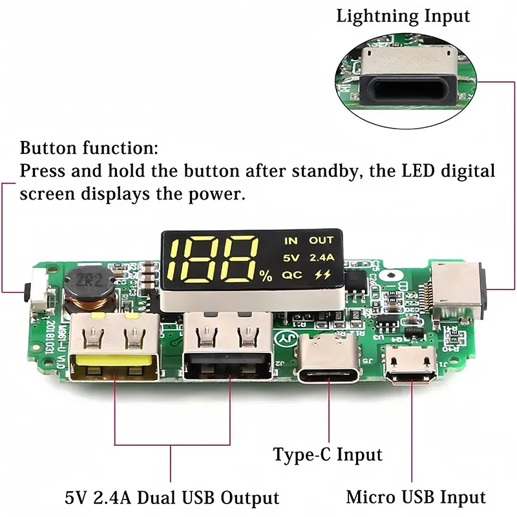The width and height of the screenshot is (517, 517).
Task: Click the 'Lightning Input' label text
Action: click(x=403, y=16)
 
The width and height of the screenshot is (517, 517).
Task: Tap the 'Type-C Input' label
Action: click(x=327, y=454)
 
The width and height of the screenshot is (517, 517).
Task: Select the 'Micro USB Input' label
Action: click(x=416, y=497)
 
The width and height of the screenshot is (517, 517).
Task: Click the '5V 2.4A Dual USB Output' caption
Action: click(x=171, y=498)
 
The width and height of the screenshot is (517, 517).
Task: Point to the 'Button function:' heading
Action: click(x=89, y=148)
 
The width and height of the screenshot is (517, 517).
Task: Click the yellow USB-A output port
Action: click(x=114, y=349)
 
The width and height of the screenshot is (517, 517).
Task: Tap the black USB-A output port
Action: click(x=224, y=350)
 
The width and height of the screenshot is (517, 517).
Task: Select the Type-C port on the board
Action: click(x=328, y=367)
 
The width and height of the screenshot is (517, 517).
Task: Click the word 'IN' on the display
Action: click(x=291, y=241)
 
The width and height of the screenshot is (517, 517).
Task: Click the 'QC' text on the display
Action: click(x=291, y=274)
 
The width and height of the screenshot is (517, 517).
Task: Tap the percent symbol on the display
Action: click(x=266, y=276)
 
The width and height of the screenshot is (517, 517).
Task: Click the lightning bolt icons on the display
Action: click(x=321, y=274)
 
